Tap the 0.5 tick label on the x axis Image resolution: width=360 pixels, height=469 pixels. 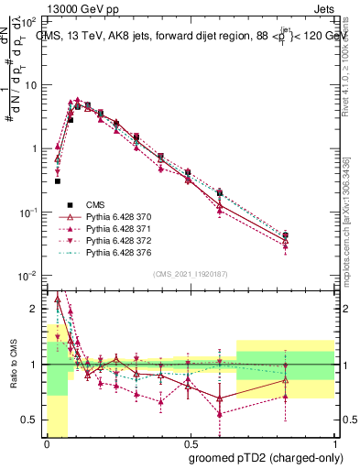pos(190,443)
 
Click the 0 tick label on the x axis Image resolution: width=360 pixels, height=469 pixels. pos(47,443)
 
